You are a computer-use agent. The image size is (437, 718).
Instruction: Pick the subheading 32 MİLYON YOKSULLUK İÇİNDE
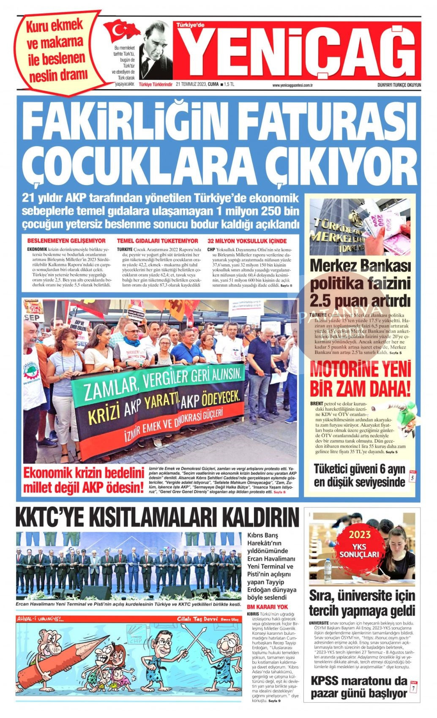pyautogui.click(x=247, y=241)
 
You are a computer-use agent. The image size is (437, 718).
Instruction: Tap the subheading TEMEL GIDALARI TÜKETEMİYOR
pyautogui.click(x=157, y=241)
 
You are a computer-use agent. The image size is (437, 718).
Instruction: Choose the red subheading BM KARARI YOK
pyautogui.click(x=267, y=607)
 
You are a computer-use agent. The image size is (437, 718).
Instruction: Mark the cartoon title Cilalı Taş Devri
pyautogui.click(x=197, y=619)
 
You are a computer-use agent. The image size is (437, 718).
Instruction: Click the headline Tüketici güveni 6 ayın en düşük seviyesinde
pyautogui.click(x=359, y=475)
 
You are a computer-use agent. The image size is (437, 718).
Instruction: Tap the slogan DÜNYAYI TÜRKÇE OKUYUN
pyautogui.click(x=399, y=85)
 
